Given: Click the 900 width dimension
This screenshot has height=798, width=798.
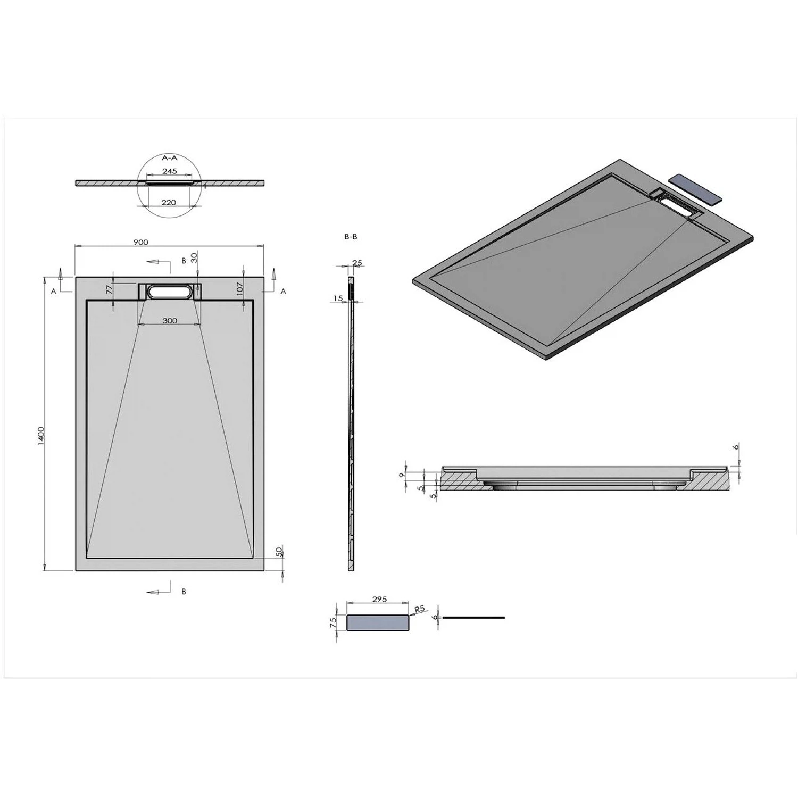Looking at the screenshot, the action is [140, 242].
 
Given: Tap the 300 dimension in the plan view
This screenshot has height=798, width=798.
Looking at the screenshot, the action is [170, 321].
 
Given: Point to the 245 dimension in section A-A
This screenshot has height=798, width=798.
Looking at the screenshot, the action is [170, 171].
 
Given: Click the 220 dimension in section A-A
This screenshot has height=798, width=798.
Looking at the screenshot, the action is [169, 202].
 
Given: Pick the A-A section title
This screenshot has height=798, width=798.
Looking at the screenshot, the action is [170, 158].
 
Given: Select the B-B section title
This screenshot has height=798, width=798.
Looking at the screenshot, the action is [351, 237].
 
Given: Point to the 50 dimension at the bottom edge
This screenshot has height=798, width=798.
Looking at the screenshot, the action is [279, 552].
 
